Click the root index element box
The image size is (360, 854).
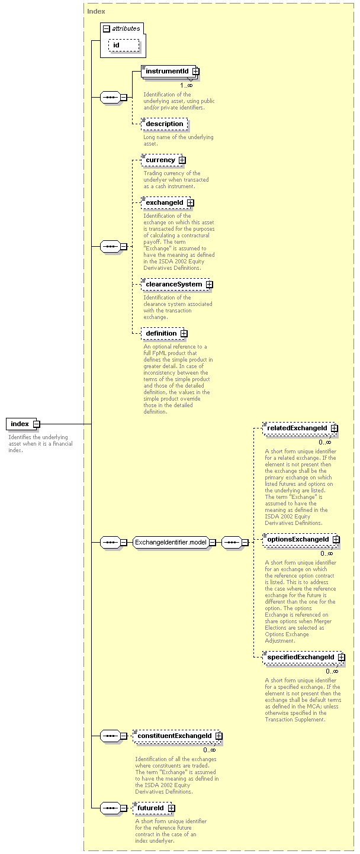tap(21, 424)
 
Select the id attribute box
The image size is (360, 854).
tap(124, 46)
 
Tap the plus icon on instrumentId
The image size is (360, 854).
tap(195, 71)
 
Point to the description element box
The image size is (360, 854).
tap(165, 124)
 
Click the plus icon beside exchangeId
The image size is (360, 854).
tap(190, 203)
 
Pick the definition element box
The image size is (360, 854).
tap(163, 334)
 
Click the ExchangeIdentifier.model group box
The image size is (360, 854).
tap(171, 542)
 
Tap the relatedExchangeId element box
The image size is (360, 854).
tap(299, 428)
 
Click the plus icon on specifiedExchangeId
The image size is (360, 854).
tap(341, 658)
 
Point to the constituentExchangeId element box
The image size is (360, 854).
tap(176, 736)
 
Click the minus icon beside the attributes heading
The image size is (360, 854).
tap(107, 28)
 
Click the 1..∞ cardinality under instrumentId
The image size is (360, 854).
tap(187, 85)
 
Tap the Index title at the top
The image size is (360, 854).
tap(96, 11)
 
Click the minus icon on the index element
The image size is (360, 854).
tap(37, 424)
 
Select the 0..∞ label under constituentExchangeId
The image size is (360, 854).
tap(210, 750)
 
